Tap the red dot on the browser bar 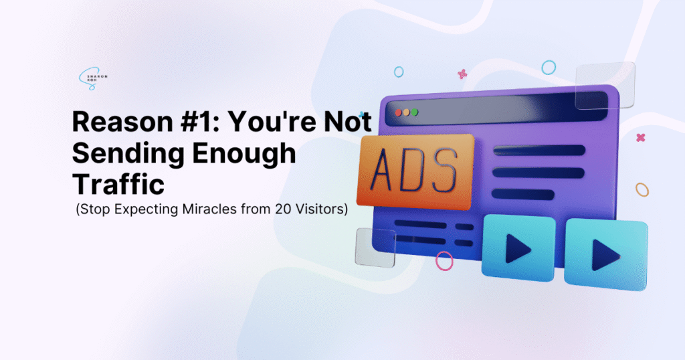tap(398, 112)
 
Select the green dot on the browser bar tap(415, 112)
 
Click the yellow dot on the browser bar tap(406, 112)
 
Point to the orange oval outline tap(642, 189)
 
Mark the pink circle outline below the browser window tap(444, 260)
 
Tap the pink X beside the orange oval tap(641, 138)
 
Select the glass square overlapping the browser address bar tap(605, 85)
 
